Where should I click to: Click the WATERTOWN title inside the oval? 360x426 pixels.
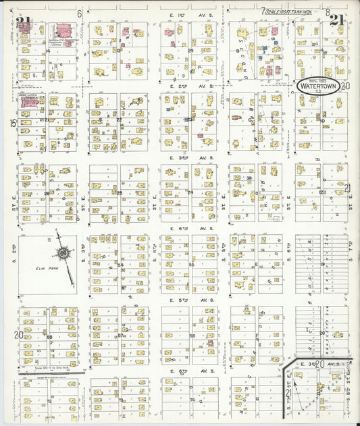tap(320, 87)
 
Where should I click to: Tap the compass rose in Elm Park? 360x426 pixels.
tap(63, 252)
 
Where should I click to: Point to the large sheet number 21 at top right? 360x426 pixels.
tap(338, 20)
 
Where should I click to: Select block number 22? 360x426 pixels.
tap(119, 120)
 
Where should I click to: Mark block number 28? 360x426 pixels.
tap(47, 193)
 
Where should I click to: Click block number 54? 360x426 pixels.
tap(120, 265)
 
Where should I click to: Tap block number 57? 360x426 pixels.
tap(120, 335)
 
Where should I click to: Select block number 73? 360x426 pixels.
tap(120, 401)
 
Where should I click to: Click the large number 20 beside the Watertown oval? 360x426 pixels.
tap(346, 86)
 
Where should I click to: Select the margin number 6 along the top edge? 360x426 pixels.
tap(79, 13)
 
